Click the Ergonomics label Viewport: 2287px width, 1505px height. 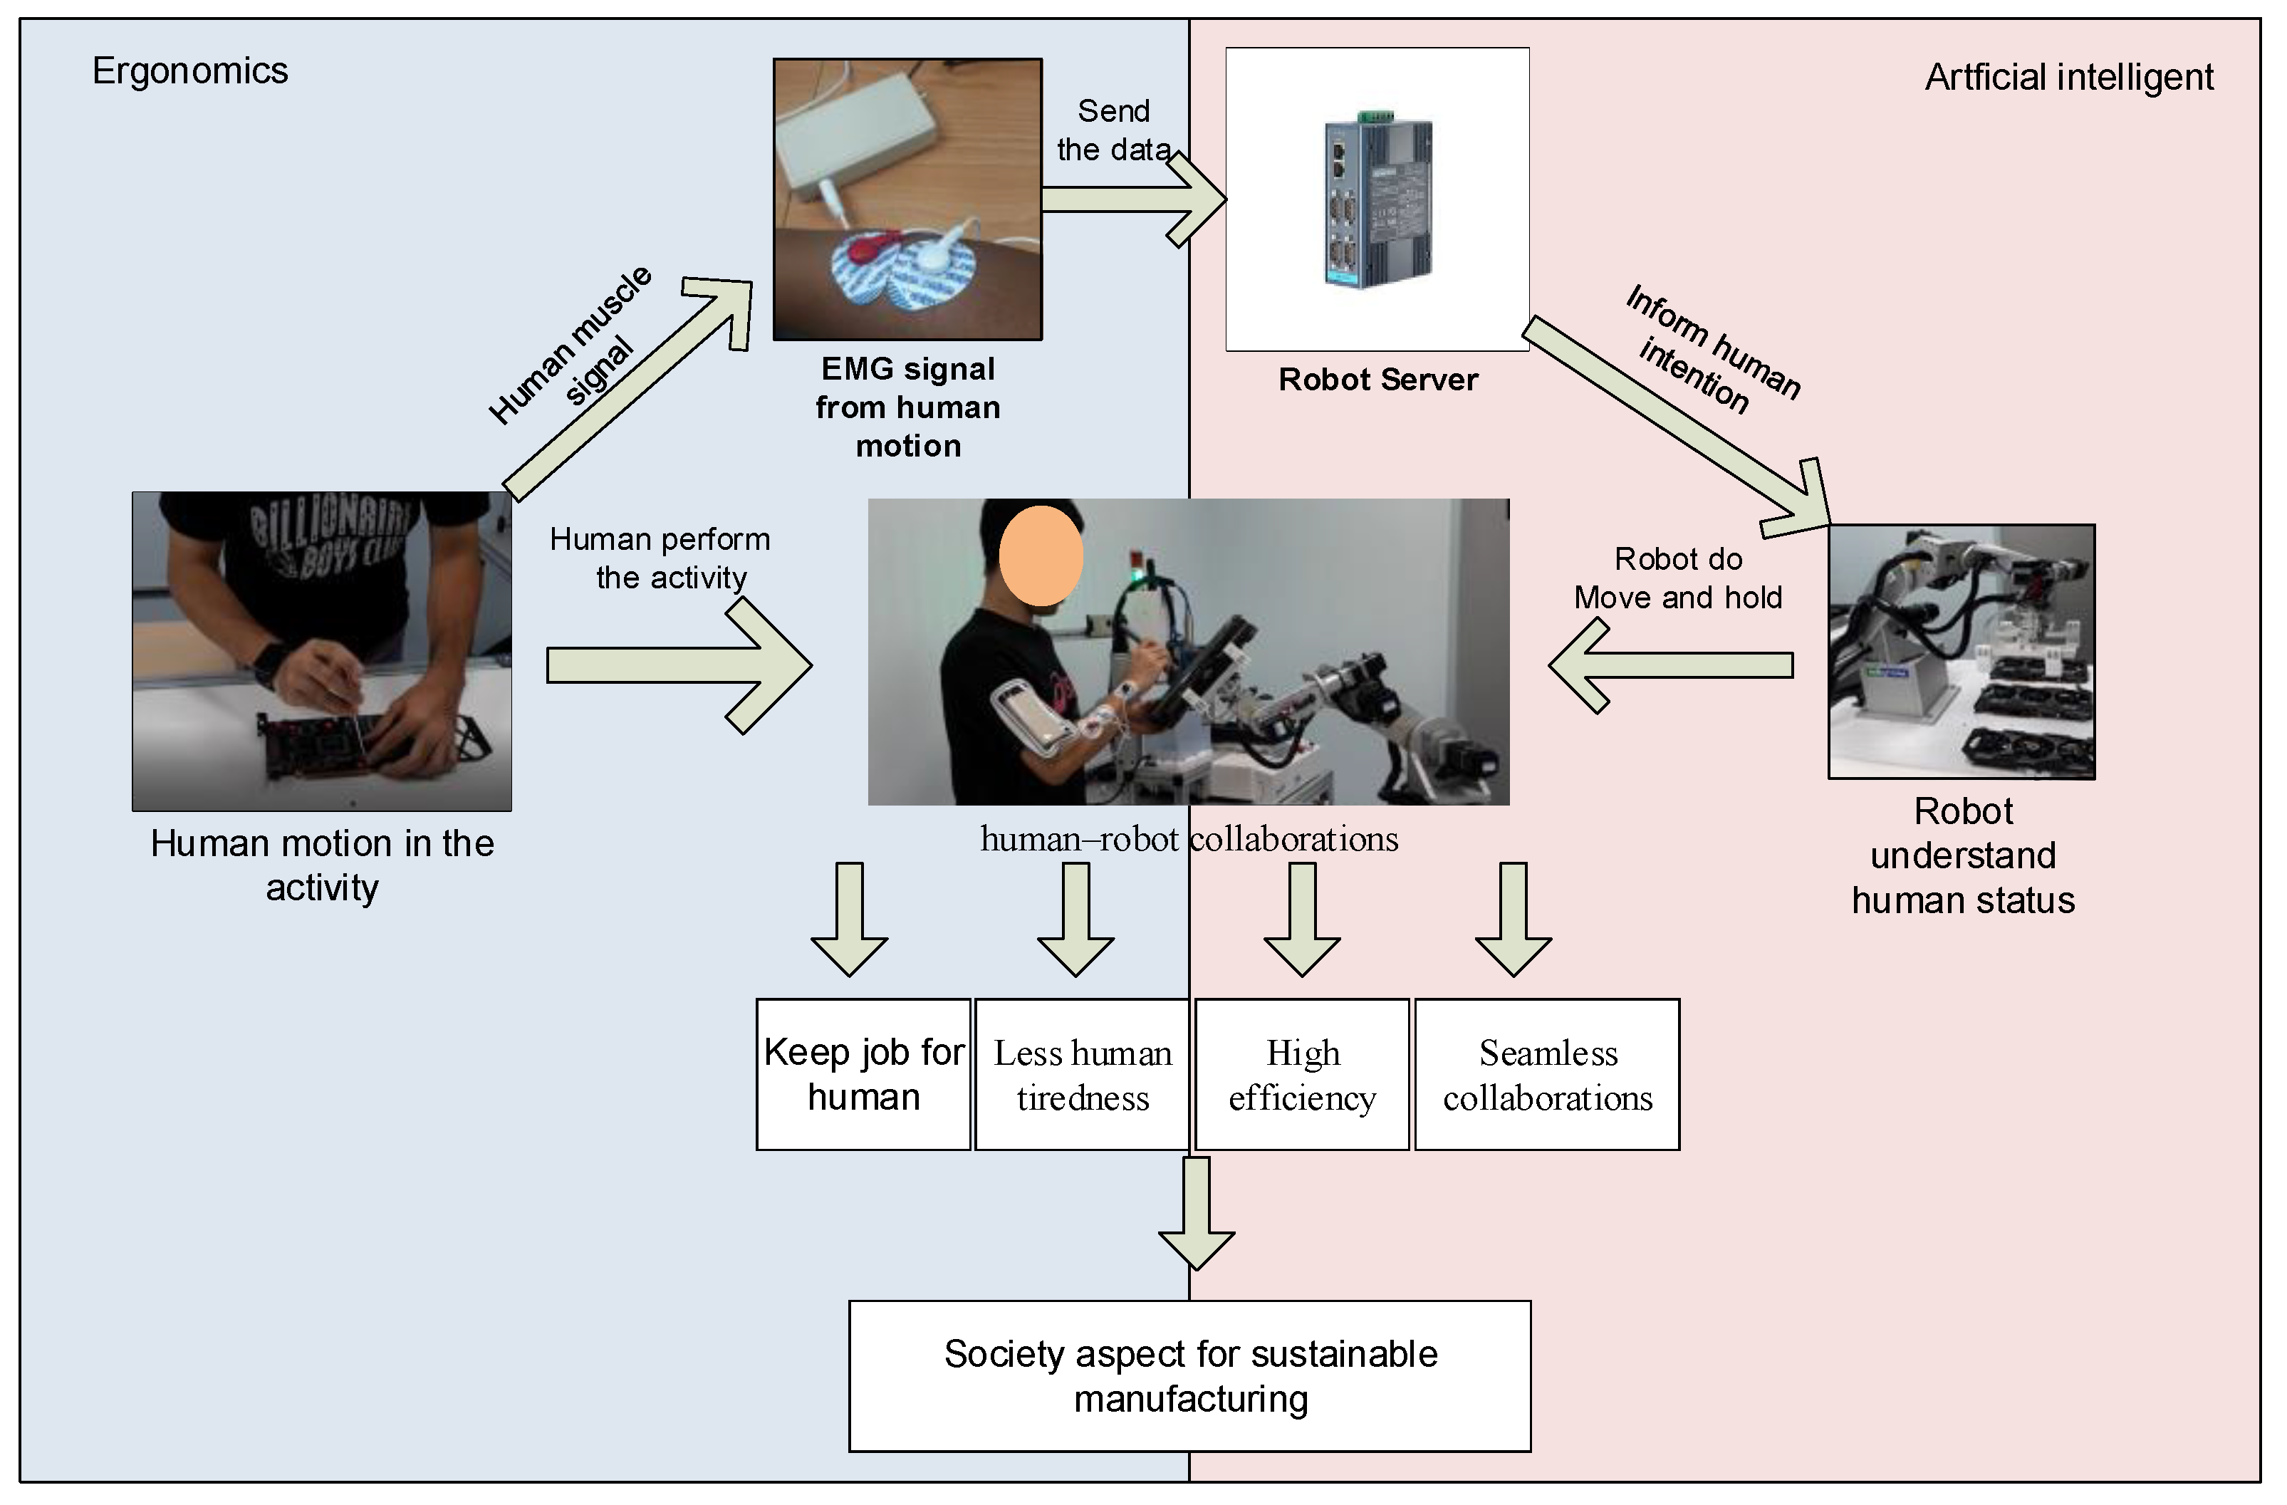pyautogui.click(x=189, y=71)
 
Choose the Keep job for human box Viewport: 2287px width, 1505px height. pyautogui.click(x=863, y=1075)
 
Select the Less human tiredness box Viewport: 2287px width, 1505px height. pyautogui.click(x=1082, y=1075)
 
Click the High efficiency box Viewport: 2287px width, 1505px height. pyautogui.click(x=1302, y=1075)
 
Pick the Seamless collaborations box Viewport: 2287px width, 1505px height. pyautogui.click(x=1547, y=1075)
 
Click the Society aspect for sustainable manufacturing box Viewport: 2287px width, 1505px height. pyautogui.click(x=1189, y=1376)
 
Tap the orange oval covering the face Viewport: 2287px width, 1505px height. pyautogui.click(x=1041, y=556)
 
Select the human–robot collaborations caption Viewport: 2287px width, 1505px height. pyautogui.click(x=1189, y=839)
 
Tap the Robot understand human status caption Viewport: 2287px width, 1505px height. pyautogui.click(x=1962, y=855)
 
